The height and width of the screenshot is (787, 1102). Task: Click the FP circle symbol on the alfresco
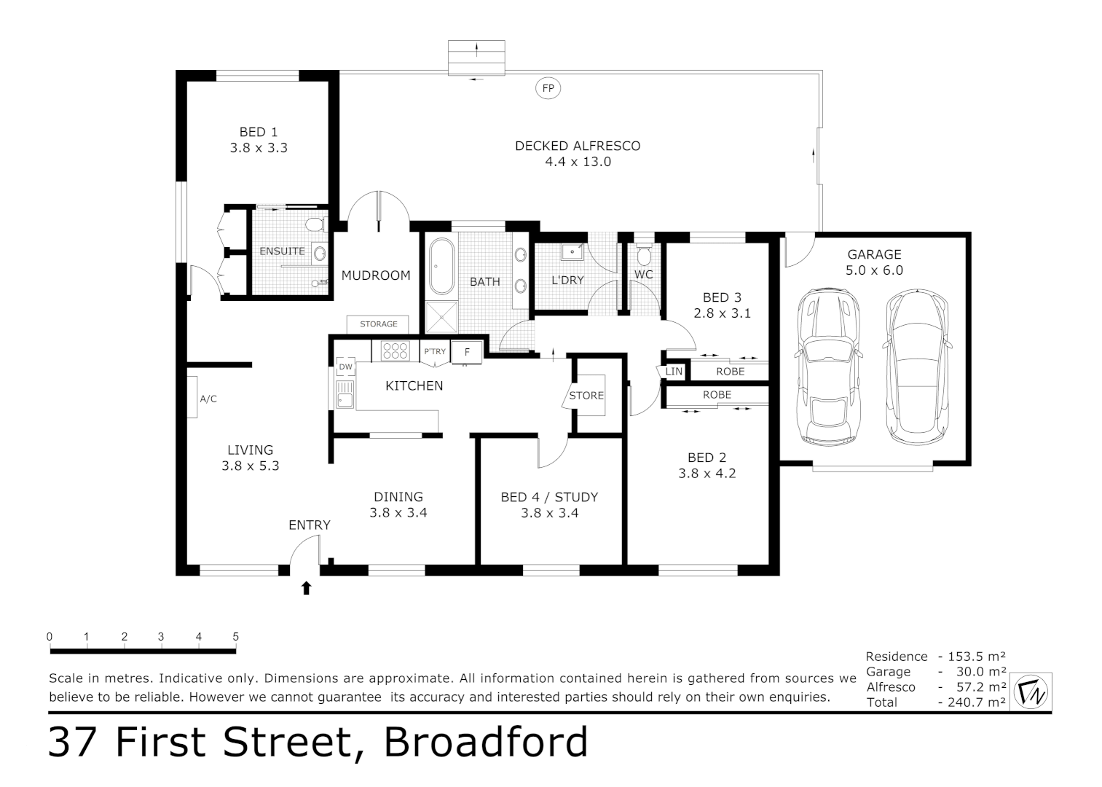(548, 88)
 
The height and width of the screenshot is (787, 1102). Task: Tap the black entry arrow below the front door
(306, 587)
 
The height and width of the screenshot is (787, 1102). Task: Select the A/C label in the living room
(208, 399)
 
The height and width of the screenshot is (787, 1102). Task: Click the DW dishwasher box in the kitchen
(345, 367)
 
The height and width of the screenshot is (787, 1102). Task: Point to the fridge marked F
(467, 352)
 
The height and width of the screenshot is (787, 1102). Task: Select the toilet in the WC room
(644, 254)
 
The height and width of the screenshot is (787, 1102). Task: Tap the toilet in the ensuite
(314, 223)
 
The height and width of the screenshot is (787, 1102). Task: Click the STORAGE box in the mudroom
(378, 324)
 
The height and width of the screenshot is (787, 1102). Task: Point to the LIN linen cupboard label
(674, 372)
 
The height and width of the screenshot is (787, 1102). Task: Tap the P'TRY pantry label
(435, 352)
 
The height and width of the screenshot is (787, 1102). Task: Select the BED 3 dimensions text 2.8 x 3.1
(722, 313)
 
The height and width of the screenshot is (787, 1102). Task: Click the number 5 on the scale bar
(235, 636)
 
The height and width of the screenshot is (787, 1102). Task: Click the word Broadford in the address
(486, 742)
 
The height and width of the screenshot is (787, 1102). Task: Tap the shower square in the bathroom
(441, 318)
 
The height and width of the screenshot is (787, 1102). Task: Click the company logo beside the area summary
(1032, 691)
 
